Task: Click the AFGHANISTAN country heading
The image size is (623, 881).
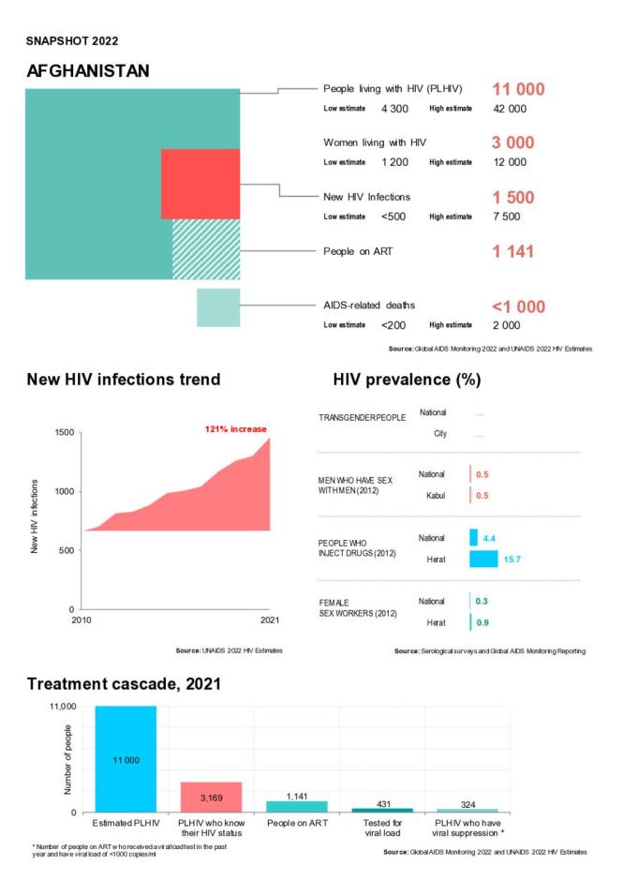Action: [x=88, y=71]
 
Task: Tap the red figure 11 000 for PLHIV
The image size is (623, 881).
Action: [x=518, y=89]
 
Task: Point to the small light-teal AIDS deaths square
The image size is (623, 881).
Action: [x=218, y=307]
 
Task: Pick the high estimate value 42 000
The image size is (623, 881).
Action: [x=510, y=109]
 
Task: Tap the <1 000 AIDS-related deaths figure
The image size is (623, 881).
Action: [x=518, y=306]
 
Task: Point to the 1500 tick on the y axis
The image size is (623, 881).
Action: [x=63, y=433]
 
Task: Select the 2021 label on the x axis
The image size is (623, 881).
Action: [x=270, y=619]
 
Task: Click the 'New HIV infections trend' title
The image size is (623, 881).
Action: [x=123, y=380]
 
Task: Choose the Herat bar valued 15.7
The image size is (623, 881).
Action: [x=483, y=559]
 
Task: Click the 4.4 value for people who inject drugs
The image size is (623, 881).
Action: [x=488, y=538]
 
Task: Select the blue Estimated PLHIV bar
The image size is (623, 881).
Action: [x=126, y=758]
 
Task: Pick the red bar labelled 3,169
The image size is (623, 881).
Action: [x=211, y=796]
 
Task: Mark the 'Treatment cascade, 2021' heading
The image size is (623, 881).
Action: [x=124, y=684]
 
